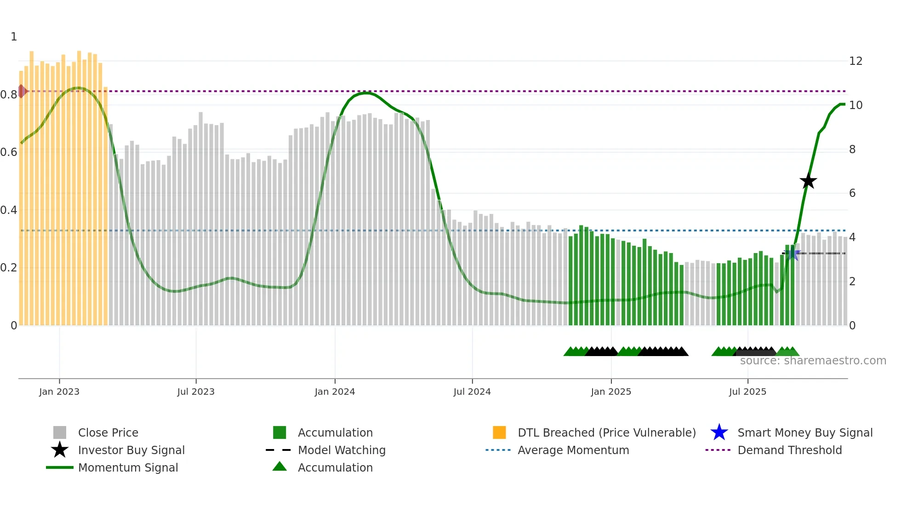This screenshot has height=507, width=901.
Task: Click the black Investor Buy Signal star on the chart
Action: click(x=808, y=181)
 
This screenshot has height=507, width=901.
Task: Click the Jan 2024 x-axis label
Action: click(x=335, y=392)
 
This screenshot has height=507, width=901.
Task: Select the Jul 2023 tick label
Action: click(x=196, y=392)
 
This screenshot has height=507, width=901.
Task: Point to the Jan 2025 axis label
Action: click(x=611, y=392)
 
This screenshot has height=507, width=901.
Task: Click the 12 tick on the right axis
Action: click(x=855, y=61)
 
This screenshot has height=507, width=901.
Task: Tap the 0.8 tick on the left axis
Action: click(x=9, y=95)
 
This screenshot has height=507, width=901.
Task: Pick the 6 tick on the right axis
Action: click(x=852, y=193)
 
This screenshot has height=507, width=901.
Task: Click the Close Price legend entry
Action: click(x=108, y=432)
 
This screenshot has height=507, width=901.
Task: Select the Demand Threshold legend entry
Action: click(x=789, y=450)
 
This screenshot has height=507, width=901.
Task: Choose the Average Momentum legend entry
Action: click(x=573, y=450)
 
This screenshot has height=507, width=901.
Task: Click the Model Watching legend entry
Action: click(x=342, y=450)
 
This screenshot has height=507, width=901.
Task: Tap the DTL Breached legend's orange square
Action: click(x=499, y=432)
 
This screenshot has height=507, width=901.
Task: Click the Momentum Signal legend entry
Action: click(x=128, y=467)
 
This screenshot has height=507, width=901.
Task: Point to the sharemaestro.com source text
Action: click(x=813, y=361)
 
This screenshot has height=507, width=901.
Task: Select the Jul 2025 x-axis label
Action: click(x=747, y=392)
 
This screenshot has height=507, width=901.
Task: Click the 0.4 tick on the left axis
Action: click(x=9, y=210)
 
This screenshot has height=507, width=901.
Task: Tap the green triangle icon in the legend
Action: click(x=279, y=467)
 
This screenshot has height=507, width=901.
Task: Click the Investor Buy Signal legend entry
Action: click(x=131, y=450)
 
